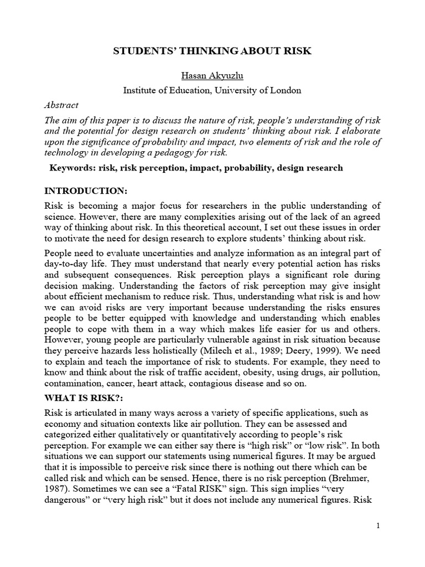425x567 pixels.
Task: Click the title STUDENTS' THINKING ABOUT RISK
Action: pyautogui.click(x=212, y=51)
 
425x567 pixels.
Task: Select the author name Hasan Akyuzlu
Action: pyautogui.click(x=212, y=76)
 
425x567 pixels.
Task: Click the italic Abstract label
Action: pyautogui.click(x=61, y=105)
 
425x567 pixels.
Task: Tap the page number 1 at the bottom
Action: pyautogui.click(x=377, y=526)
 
